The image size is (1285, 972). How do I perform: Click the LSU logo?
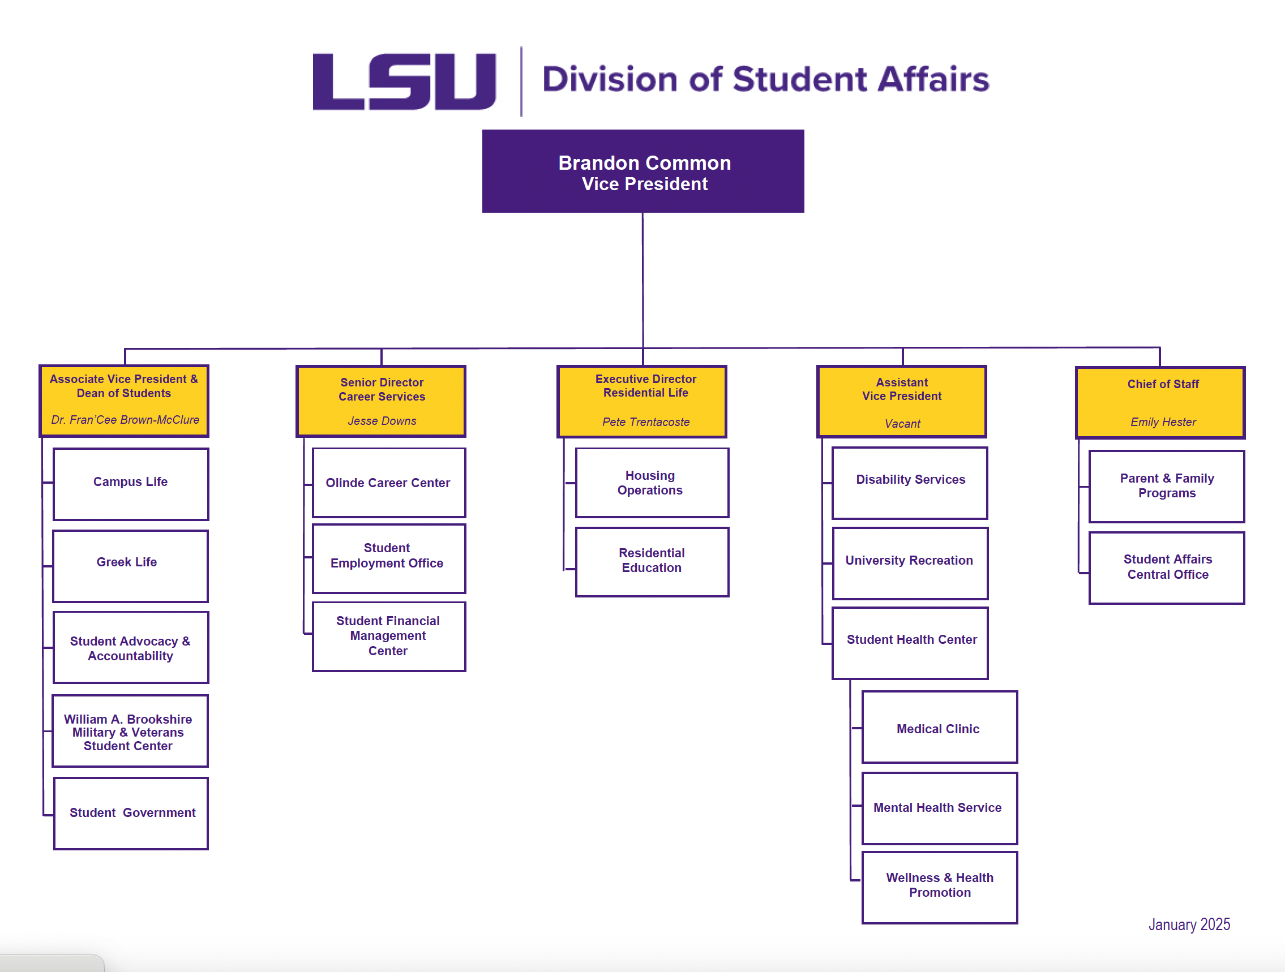pos(404,81)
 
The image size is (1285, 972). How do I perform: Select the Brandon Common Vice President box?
pos(643,171)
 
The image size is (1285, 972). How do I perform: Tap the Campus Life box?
pos(131,484)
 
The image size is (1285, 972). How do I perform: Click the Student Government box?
pos(131,813)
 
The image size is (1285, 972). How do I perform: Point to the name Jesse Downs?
pos(382,421)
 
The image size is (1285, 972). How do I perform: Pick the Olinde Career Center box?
pos(389,483)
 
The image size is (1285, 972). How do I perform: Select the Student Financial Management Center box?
pos(389,636)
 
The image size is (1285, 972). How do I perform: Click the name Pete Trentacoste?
pos(645,422)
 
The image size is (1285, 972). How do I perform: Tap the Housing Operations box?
pos(652,483)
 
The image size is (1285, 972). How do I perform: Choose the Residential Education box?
pos(652,561)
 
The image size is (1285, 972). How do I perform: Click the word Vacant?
pos(902,424)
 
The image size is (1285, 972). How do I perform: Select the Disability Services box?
pos(910,483)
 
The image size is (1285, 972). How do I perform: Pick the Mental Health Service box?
pos(939,808)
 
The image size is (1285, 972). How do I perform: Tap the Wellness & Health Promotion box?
pos(939,887)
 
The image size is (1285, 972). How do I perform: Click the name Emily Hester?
pos(1163,422)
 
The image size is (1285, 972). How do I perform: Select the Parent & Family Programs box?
pos(1167,486)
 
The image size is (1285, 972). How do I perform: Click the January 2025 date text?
pos(1189,924)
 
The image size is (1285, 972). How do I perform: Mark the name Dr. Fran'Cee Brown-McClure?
pos(125,420)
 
